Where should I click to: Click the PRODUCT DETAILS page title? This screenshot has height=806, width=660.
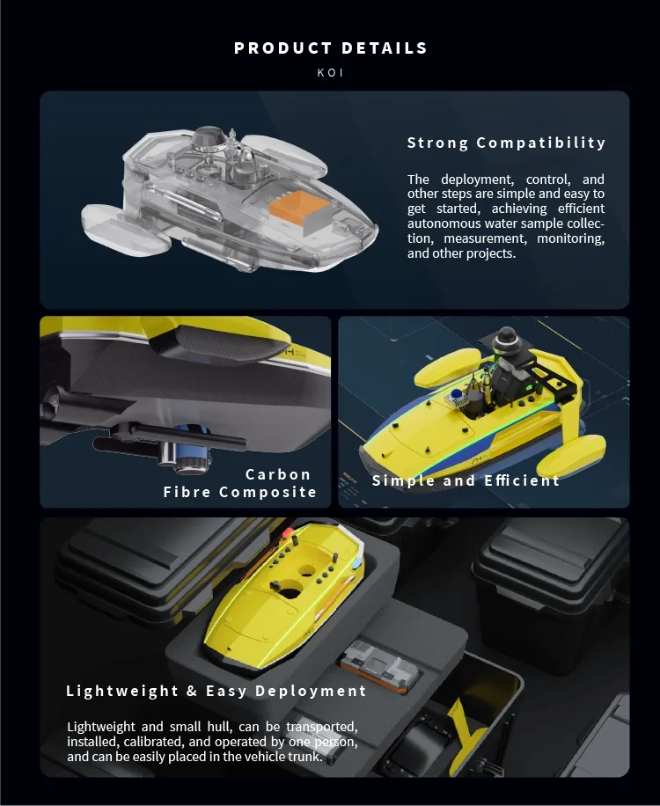pyautogui.click(x=330, y=48)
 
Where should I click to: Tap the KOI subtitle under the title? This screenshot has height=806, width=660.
pyautogui.click(x=330, y=73)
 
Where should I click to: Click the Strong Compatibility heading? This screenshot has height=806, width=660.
pyautogui.click(x=506, y=143)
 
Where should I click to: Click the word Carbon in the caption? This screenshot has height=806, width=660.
pyautogui.click(x=278, y=474)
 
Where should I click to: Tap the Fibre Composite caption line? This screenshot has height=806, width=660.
pyautogui.click(x=239, y=492)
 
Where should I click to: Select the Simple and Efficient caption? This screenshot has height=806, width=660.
pyautogui.click(x=466, y=480)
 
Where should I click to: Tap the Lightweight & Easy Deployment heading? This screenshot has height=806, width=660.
pyautogui.click(x=216, y=691)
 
